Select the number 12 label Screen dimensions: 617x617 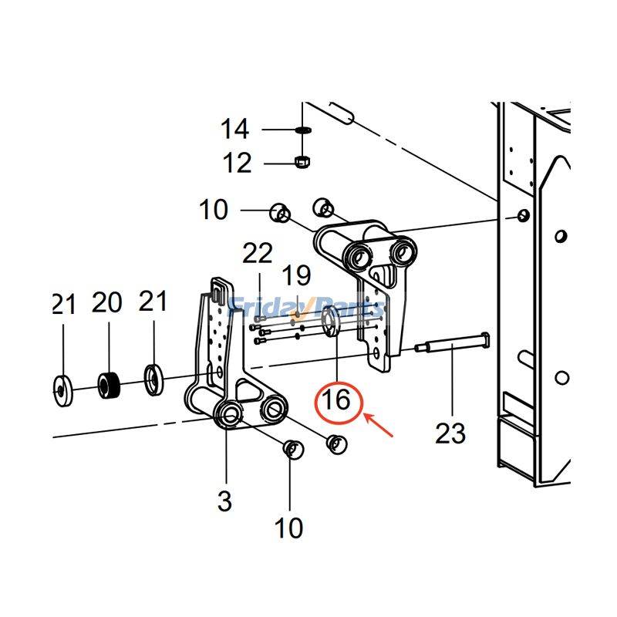tap(237, 163)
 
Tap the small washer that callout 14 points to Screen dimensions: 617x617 tap(302, 130)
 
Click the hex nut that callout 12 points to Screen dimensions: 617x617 tap(302, 162)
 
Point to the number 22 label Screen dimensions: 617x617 tap(258, 252)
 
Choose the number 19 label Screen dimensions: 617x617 tap(295, 274)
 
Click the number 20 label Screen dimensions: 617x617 tap(107, 302)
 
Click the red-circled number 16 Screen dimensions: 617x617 tap(336, 400)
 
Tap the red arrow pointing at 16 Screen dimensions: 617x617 tap(382, 427)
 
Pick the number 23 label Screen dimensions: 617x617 tap(450, 433)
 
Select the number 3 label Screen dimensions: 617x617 tap(224, 501)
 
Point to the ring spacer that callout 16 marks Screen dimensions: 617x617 tap(329, 320)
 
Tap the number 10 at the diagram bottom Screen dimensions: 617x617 tap(289, 528)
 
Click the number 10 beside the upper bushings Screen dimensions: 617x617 tap(214, 209)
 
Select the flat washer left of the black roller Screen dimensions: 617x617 tap(62, 389)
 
